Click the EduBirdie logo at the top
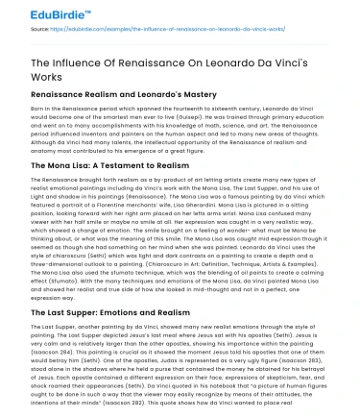(39, 14)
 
